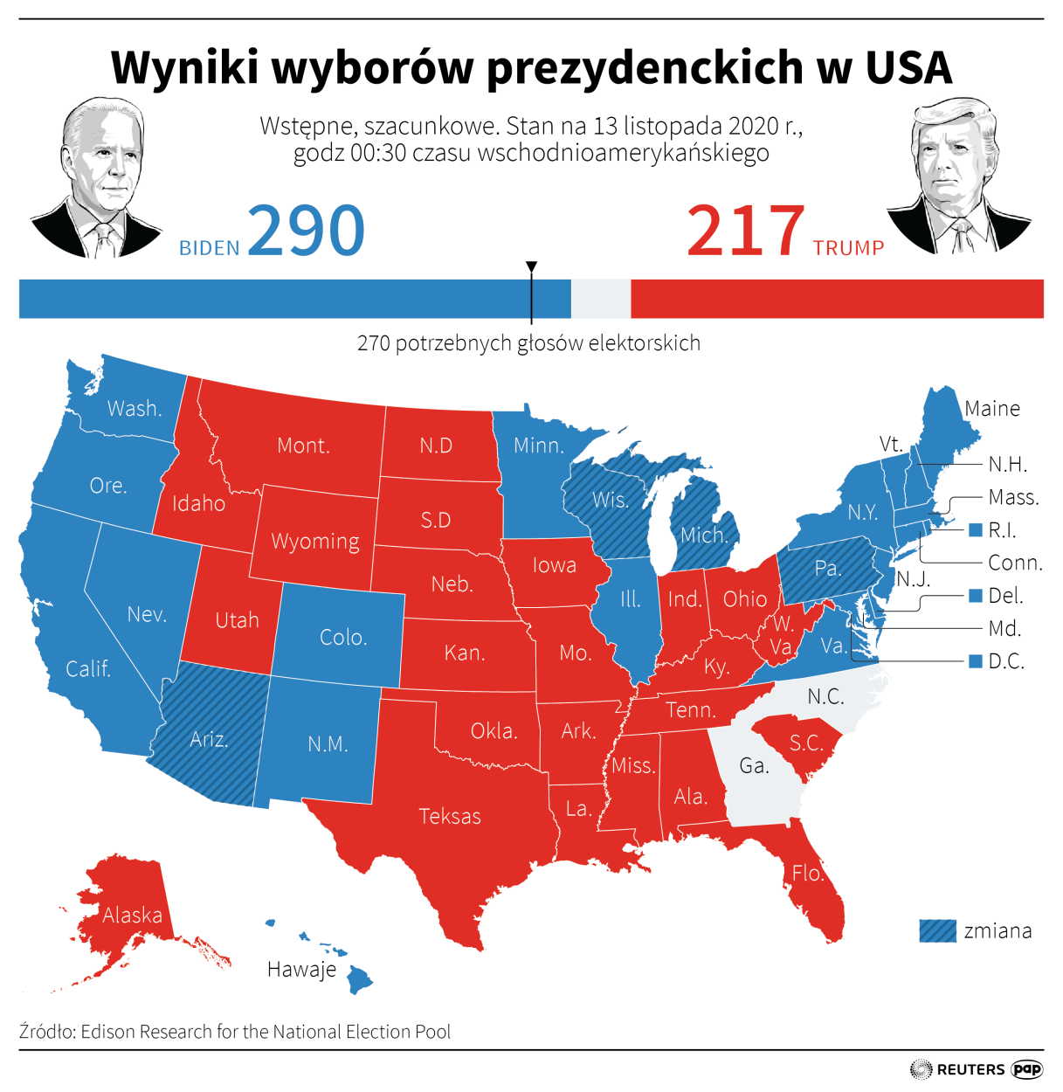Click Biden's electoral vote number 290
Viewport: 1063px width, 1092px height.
(x=306, y=231)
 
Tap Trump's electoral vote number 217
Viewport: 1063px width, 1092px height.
(x=745, y=231)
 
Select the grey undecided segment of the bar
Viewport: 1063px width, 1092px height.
(x=601, y=299)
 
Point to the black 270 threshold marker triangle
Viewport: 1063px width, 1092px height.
(x=531, y=266)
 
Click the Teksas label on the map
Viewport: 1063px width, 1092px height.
(x=450, y=817)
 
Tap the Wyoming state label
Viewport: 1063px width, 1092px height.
(x=315, y=542)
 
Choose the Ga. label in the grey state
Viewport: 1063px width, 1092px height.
(x=755, y=766)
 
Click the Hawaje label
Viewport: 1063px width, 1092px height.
(x=302, y=970)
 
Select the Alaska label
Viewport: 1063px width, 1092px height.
(x=133, y=916)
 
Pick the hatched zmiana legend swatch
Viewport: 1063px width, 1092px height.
(x=938, y=931)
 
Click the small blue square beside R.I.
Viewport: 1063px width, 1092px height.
(x=977, y=530)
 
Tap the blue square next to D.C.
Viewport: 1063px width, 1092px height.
(x=977, y=661)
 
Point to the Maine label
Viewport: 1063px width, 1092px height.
(x=992, y=409)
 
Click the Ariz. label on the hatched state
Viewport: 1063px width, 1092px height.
(x=209, y=740)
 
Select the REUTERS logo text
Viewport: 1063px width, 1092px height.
(x=970, y=1069)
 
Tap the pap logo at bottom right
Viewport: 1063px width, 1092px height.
(x=1027, y=1069)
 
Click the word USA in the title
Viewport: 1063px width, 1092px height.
(x=908, y=67)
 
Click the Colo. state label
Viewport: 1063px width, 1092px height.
(x=343, y=638)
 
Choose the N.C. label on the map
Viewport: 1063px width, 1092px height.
(x=825, y=696)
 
